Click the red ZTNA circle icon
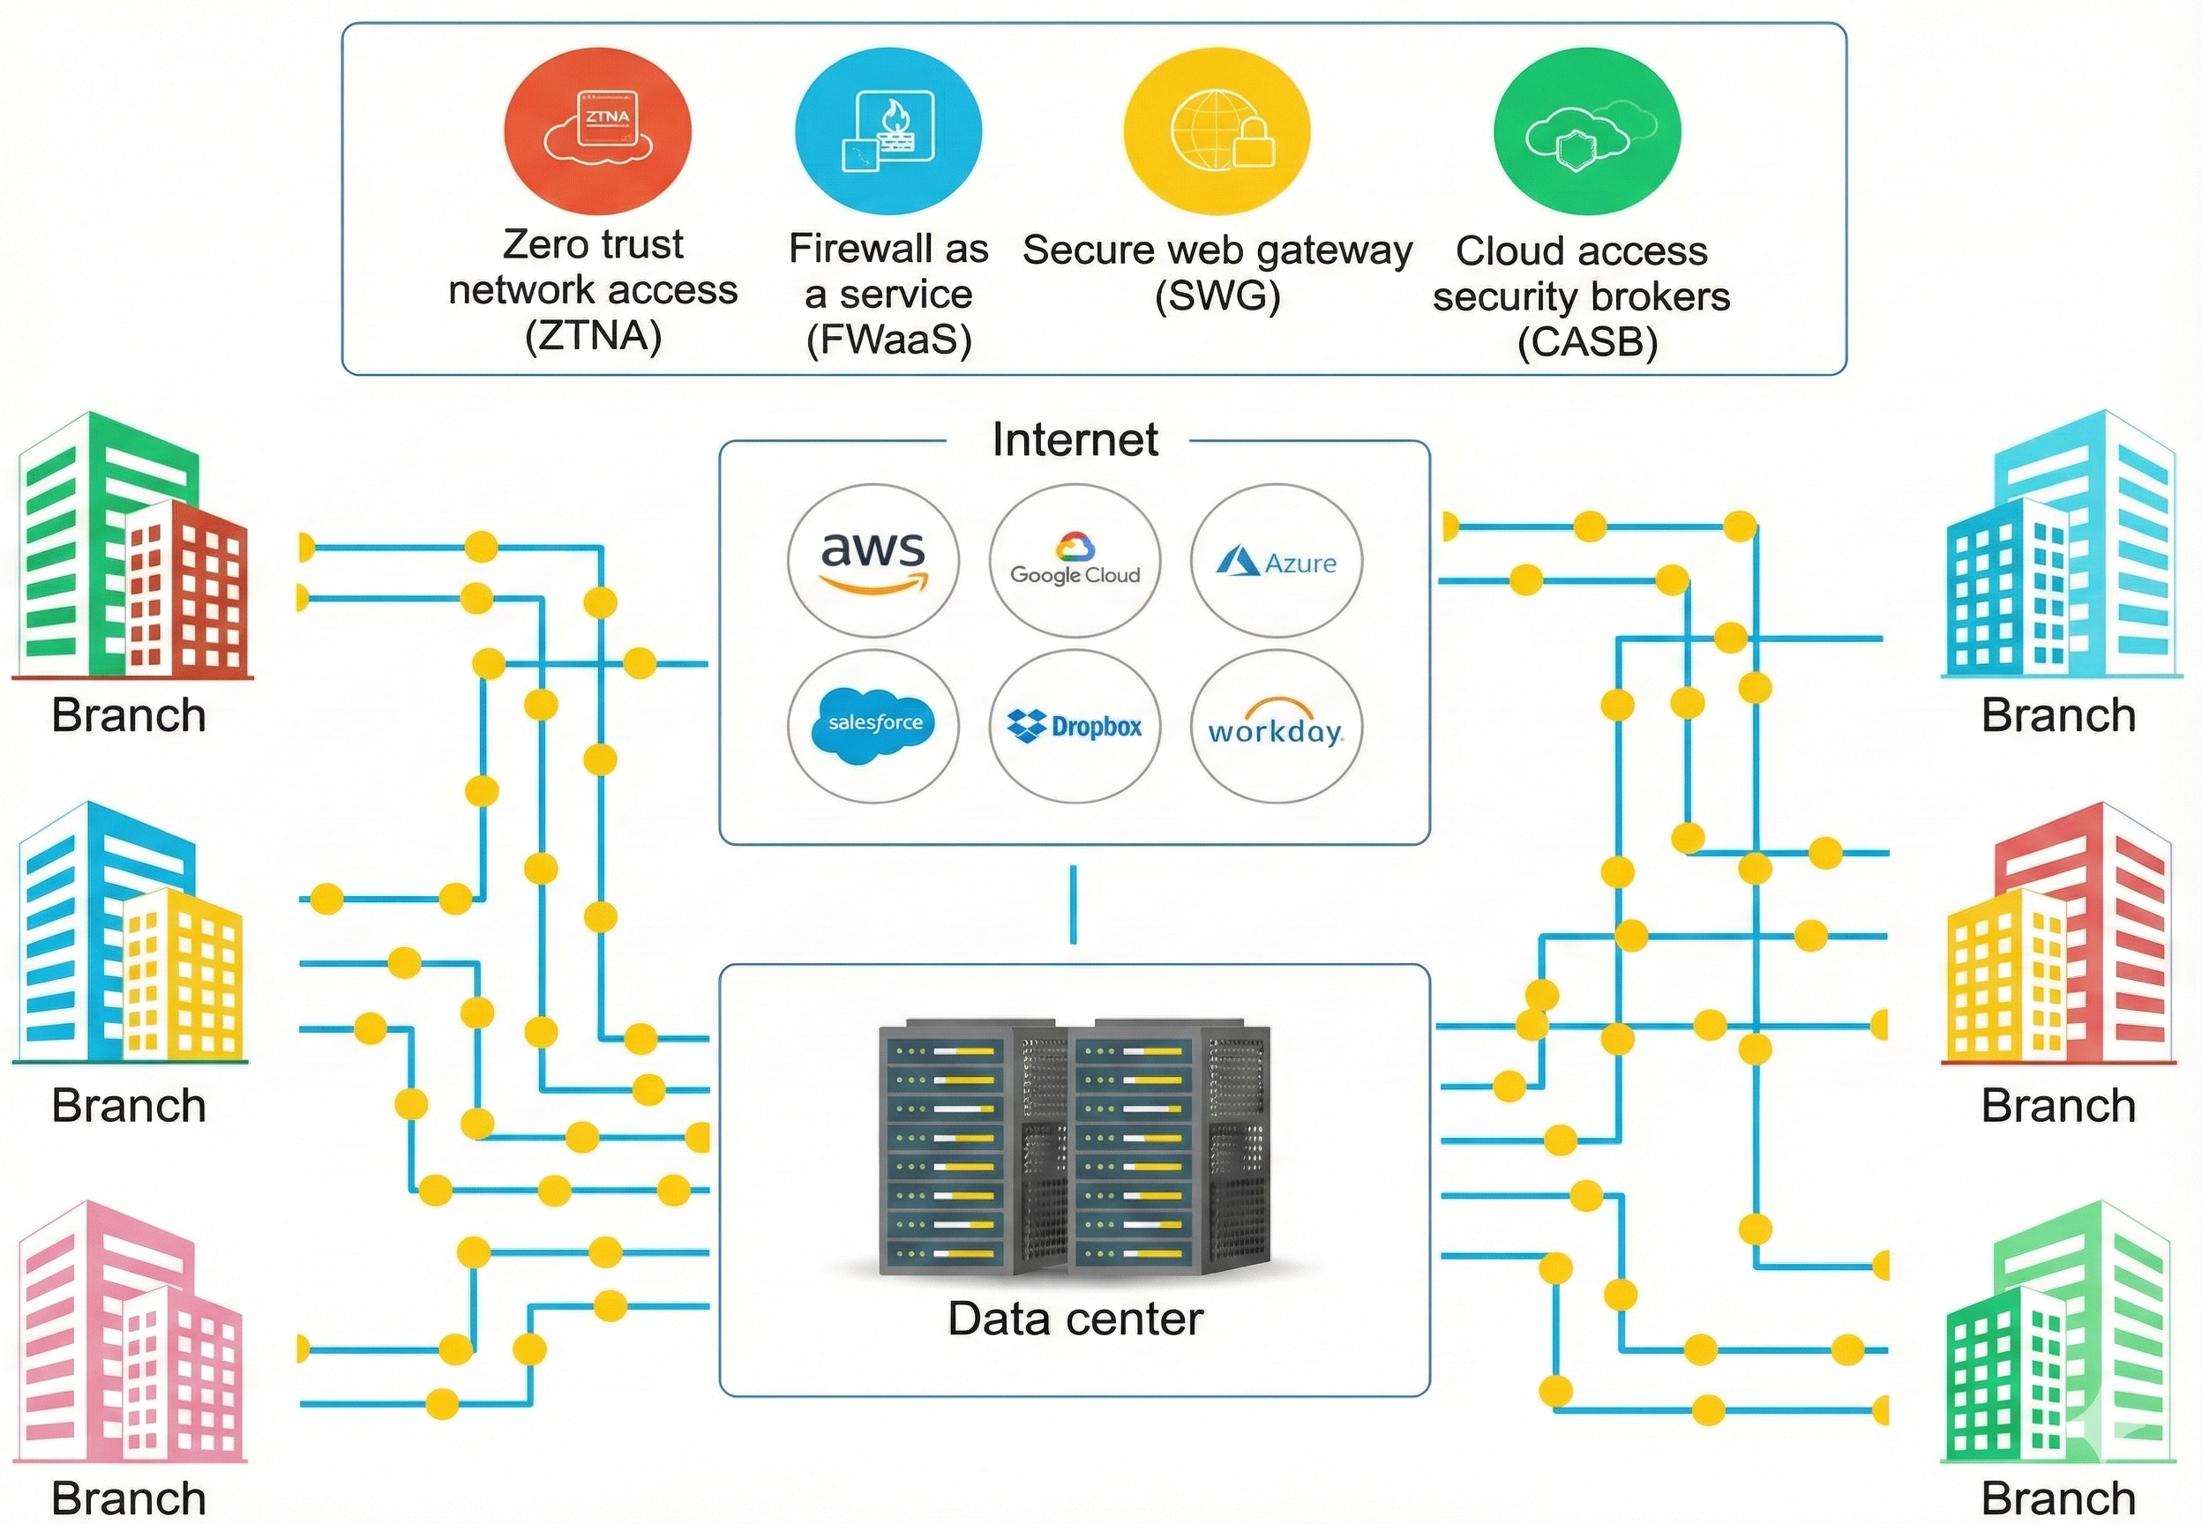598,131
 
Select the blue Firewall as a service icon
888,131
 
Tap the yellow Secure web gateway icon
1217,131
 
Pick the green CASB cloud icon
1587,131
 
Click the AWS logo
873,561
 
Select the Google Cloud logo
1075,561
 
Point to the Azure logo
1276,561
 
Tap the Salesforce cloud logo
873,726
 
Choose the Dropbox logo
1075,726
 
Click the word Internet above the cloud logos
1075,440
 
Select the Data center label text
1075,1319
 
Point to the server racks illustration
1075,1146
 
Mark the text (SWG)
1217,296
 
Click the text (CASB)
1587,342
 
